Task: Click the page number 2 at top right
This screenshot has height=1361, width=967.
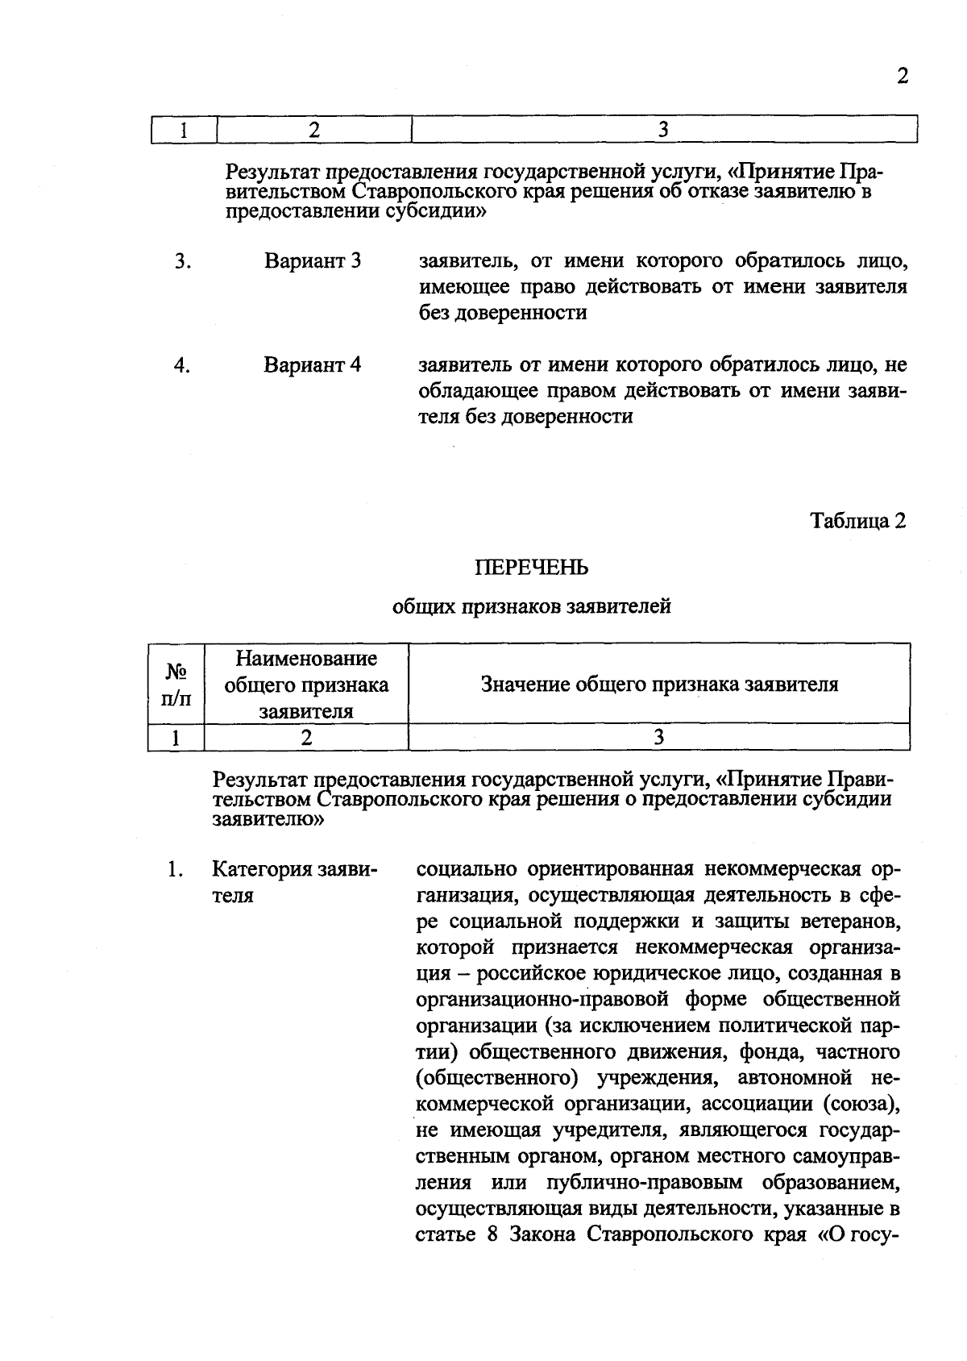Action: click(x=902, y=77)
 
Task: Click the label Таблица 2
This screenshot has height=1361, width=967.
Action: click(x=857, y=521)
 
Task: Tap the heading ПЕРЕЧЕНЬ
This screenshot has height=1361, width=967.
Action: click(x=531, y=568)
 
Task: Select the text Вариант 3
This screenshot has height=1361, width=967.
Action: click(x=312, y=261)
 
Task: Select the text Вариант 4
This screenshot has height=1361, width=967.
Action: click(x=312, y=365)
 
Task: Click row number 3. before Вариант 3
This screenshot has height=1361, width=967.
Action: click(x=183, y=261)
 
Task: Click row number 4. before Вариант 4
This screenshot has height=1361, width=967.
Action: click(x=183, y=365)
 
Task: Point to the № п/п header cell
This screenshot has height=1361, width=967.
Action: click(x=176, y=685)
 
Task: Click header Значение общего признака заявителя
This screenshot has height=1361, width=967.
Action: click(x=659, y=685)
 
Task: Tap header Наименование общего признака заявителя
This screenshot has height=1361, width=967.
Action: click(x=306, y=685)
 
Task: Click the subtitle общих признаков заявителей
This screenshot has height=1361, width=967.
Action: click(x=531, y=606)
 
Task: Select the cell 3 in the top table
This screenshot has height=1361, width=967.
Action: click(x=663, y=130)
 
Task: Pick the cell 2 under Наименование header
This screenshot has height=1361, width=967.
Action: click(x=306, y=737)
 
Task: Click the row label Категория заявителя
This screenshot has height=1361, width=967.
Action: click(x=294, y=882)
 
